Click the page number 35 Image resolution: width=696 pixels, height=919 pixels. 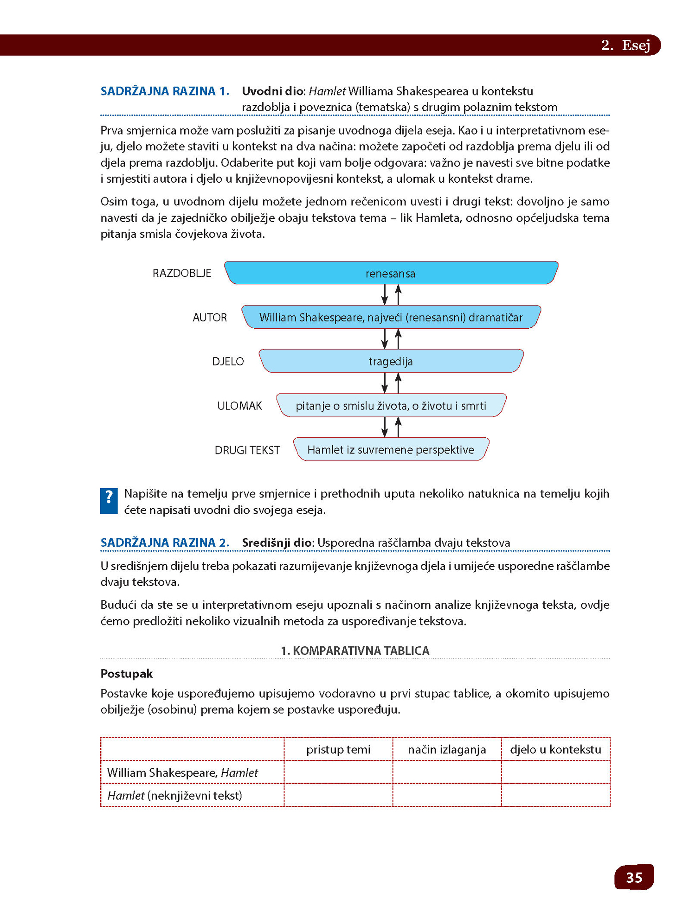point(634,877)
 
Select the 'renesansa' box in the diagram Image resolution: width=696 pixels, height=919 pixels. point(391,273)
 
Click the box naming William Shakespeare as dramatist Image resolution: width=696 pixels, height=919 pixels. point(391,317)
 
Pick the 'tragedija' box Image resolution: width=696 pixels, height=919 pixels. point(391,361)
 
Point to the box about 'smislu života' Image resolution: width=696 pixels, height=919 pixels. point(391,406)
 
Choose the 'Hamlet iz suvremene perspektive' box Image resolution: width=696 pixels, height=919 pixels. point(391,450)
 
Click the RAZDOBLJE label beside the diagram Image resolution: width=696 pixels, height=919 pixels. point(182,273)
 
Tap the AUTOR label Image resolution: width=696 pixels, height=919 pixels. point(210,318)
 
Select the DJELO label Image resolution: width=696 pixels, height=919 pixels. point(228,362)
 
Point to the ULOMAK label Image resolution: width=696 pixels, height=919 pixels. point(239,406)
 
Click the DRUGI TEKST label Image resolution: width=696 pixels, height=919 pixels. point(247,450)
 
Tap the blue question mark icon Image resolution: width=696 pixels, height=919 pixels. point(109,501)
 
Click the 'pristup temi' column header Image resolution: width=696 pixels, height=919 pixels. point(338,749)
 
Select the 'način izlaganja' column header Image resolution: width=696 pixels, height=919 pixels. point(447,749)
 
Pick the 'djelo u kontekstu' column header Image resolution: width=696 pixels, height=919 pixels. point(555,749)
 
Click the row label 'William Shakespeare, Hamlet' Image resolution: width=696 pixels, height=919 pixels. point(182,772)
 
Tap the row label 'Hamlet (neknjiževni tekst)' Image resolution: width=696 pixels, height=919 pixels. point(175,796)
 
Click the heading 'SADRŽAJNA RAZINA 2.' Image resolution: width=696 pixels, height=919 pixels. point(165,542)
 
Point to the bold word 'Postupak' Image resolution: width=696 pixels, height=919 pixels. point(127,673)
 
